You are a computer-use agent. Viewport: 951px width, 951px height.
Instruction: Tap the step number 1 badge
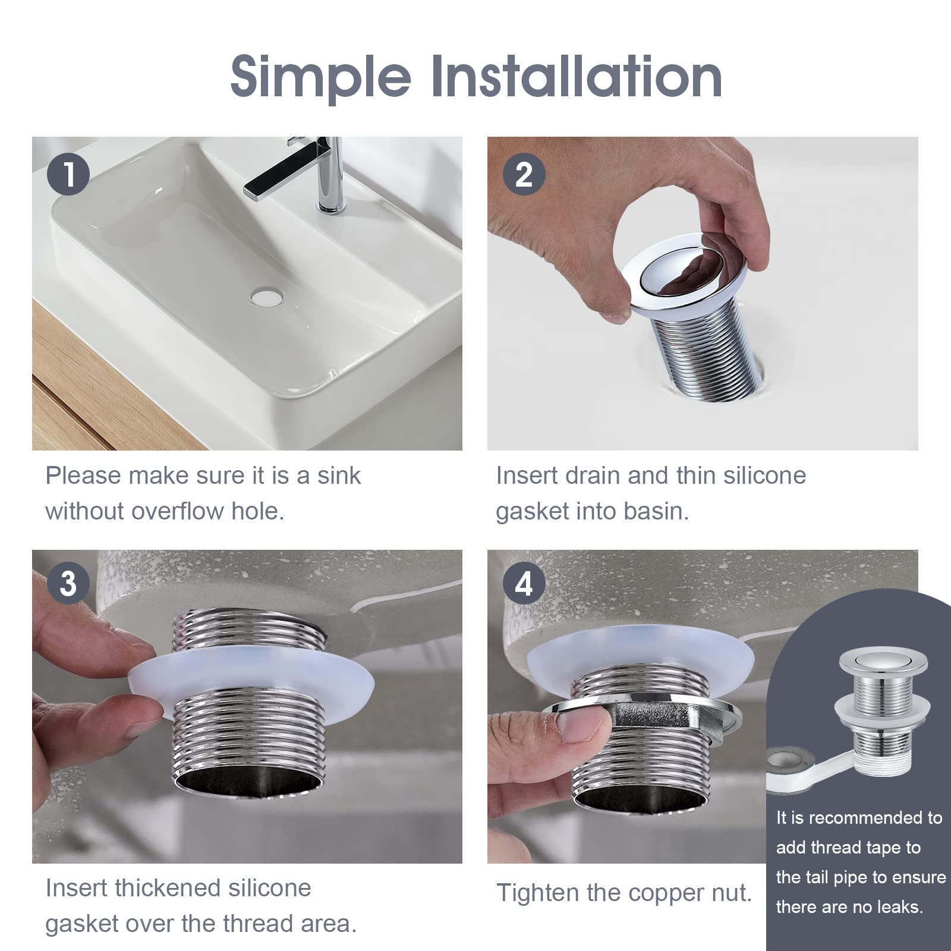[69, 175]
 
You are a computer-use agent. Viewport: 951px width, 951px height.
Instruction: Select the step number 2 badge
[524, 175]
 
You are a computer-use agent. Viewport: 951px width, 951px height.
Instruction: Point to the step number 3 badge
[69, 584]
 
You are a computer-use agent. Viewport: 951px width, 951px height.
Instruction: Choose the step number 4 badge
[524, 584]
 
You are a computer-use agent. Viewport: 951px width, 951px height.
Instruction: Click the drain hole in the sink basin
[266, 296]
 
